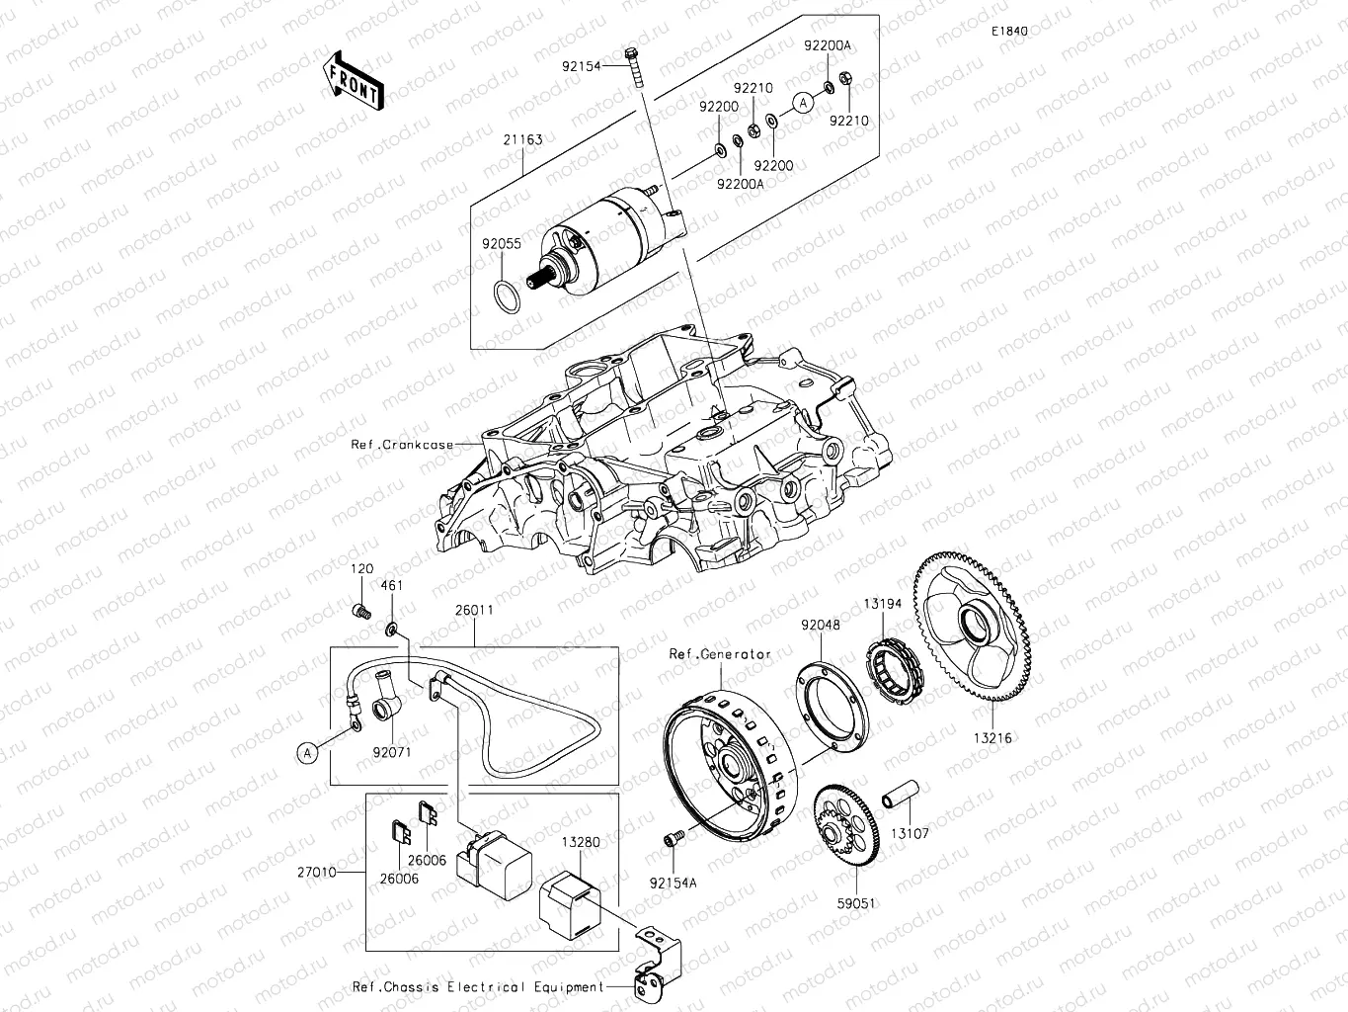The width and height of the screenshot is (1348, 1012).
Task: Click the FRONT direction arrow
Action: (x=353, y=79)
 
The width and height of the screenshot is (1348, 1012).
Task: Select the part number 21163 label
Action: (x=522, y=139)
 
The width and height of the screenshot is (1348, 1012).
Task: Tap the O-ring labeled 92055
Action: (x=504, y=295)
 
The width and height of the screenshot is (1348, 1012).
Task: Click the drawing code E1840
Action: (x=1010, y=32)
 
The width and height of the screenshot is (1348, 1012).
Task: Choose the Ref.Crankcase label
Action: (x=402, y=445)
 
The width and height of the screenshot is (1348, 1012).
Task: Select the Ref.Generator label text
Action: (x=720, y=654)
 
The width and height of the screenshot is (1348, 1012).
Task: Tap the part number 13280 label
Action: (x=581, y=842)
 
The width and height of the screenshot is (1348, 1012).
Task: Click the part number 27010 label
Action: (x=316, y=873)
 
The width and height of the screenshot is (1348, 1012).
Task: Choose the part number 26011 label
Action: (x=474, y=610)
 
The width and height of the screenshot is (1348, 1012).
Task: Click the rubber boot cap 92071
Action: (x=387, y=711)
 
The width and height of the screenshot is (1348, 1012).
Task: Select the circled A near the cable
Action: (x=307, y=753)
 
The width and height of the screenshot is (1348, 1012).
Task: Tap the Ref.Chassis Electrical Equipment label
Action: (x=478, y=986)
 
